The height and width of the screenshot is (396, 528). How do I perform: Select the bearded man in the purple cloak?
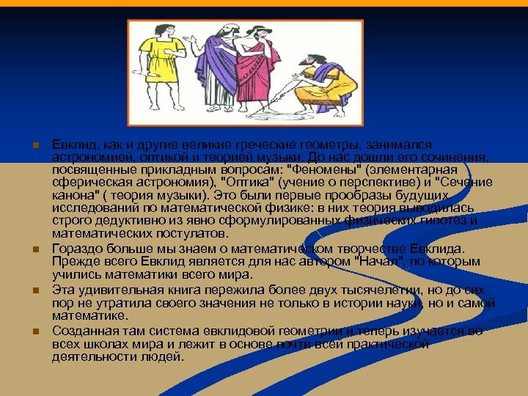tap(221, 70)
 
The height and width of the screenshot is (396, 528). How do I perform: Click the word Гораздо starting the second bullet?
tap(76, 249)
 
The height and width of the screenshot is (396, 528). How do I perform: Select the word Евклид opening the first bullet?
tap(73, 145)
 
